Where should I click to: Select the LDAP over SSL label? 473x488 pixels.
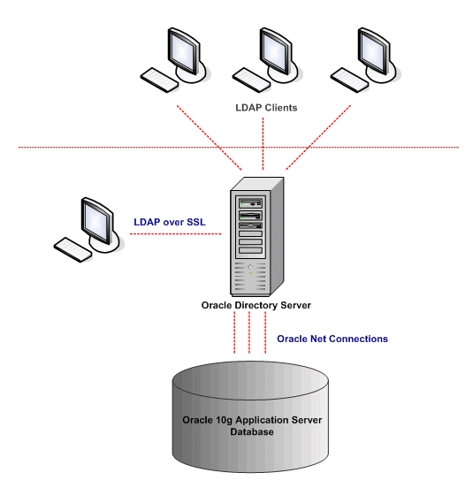click(x=169, y=221)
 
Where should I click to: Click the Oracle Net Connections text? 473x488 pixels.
click(x=332, y=339)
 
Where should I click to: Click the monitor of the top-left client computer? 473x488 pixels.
click(x=183, y=50)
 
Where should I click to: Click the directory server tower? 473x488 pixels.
click(x=256, y=239)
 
